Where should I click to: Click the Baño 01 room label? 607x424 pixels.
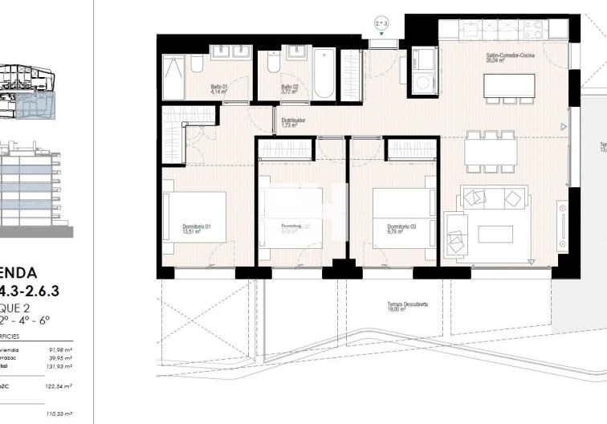click(x=220, y=89)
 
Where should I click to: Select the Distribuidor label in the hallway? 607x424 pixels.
click(x=290, y=123)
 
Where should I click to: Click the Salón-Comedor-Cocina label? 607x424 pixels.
click(x=507, y=56)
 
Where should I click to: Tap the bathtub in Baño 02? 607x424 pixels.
click(x=324, y=73)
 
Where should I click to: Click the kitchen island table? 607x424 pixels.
click(x=509, y=84)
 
